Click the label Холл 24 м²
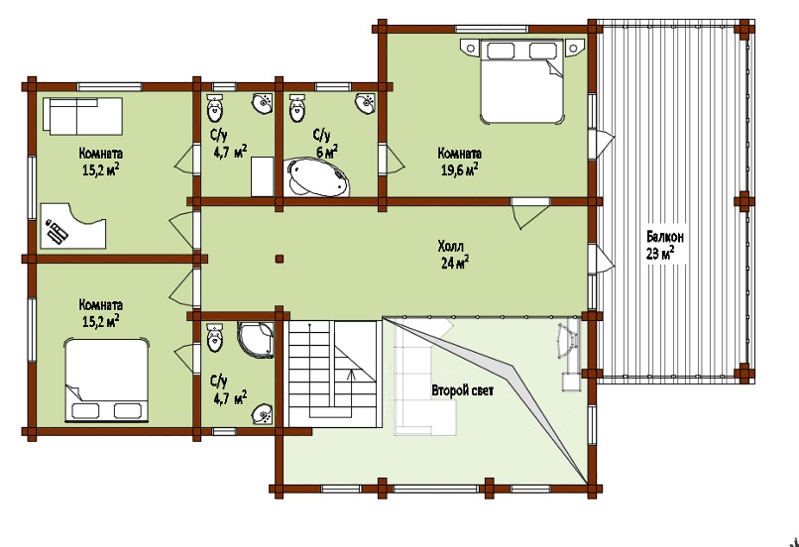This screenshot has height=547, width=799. pyautogui.click(x=453, y=255)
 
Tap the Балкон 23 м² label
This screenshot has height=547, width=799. pyautogui.click(x=665, y=245)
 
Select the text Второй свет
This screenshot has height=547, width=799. pyautogui.click(x=463, y=391)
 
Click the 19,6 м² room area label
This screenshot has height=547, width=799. pyautogui.click(x=459, y=169)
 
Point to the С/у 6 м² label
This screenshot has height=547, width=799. pyautogui.click(x=324, y=143)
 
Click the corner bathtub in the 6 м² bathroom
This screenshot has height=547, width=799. pyautogui.click(x=318, y=176)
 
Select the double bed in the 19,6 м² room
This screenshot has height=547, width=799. pyautogui.click(x=521, y=81)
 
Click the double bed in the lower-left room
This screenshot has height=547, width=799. pyautogui.click(x=106, y=381)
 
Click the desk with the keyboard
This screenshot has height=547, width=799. pyautogui.click(x=73, y=226)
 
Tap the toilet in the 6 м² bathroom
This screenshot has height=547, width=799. pyautogui.click(x=297, y=108)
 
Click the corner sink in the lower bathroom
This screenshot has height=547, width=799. pyautogui.click(x=264, y=414)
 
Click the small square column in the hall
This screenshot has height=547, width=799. pyautogui.click(x=279, y=259)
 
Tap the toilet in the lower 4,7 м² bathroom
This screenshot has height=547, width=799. pyautogui.click(x=215, y=338)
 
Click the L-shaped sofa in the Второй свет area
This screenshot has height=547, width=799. pyautogui.click(x=424, y=377)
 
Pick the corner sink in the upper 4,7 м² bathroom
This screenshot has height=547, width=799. pyautogui.click(x=263, y=103)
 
